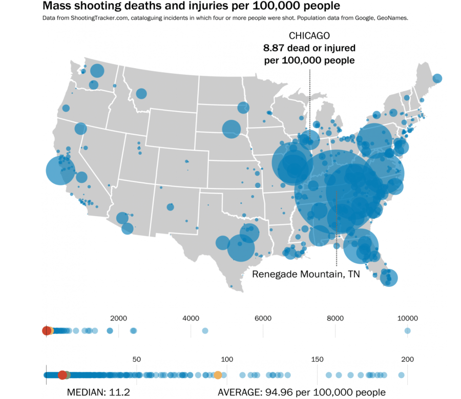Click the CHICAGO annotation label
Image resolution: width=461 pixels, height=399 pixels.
coord(309,36)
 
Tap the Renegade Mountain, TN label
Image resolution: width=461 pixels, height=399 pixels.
coord(306,274)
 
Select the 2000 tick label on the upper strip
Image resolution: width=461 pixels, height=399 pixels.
coord(118,318)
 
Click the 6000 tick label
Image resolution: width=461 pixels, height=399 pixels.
coord(263,318)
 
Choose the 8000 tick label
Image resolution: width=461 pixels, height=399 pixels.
coord(335,318)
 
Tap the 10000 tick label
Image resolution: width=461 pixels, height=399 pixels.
coord(408,318)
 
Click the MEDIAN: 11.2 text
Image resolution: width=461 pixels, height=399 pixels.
coord(99,392)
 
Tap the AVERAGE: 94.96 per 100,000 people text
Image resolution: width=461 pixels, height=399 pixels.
coord(302,392)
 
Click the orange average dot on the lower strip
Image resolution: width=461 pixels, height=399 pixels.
coord(218,375)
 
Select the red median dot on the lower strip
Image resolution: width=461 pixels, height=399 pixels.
coord(62,375)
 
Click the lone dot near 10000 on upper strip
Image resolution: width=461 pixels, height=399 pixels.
coord(408,331)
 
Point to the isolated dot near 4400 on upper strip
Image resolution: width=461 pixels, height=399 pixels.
coord(205,331)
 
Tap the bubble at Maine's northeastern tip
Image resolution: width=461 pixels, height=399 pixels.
coord(437,78)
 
